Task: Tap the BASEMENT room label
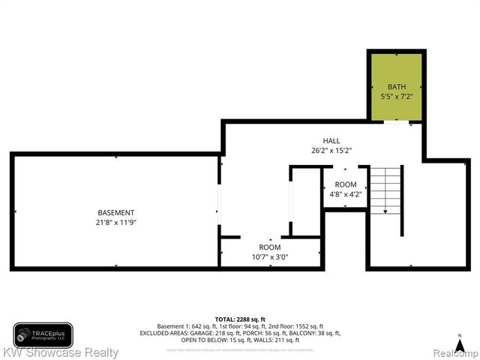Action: click(x=116, y=212)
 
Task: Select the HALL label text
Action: click(x=331, y=140)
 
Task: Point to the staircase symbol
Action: click(x=386, y=190)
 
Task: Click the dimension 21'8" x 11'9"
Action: click(x=116, y=222)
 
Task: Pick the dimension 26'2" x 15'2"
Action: click(x=331, y=150)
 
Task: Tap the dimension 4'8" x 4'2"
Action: click(x=345, y=194)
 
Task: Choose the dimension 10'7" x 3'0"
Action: click(x=269, y=257)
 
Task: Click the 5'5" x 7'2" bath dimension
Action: click(x=397, y=96)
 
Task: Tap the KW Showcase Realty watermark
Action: click(x=59, y=352)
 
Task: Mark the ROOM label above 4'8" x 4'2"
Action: click(x=345, y=184)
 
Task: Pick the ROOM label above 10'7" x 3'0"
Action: click(x=269, y=247)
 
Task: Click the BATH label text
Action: click(x=397, y=86)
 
